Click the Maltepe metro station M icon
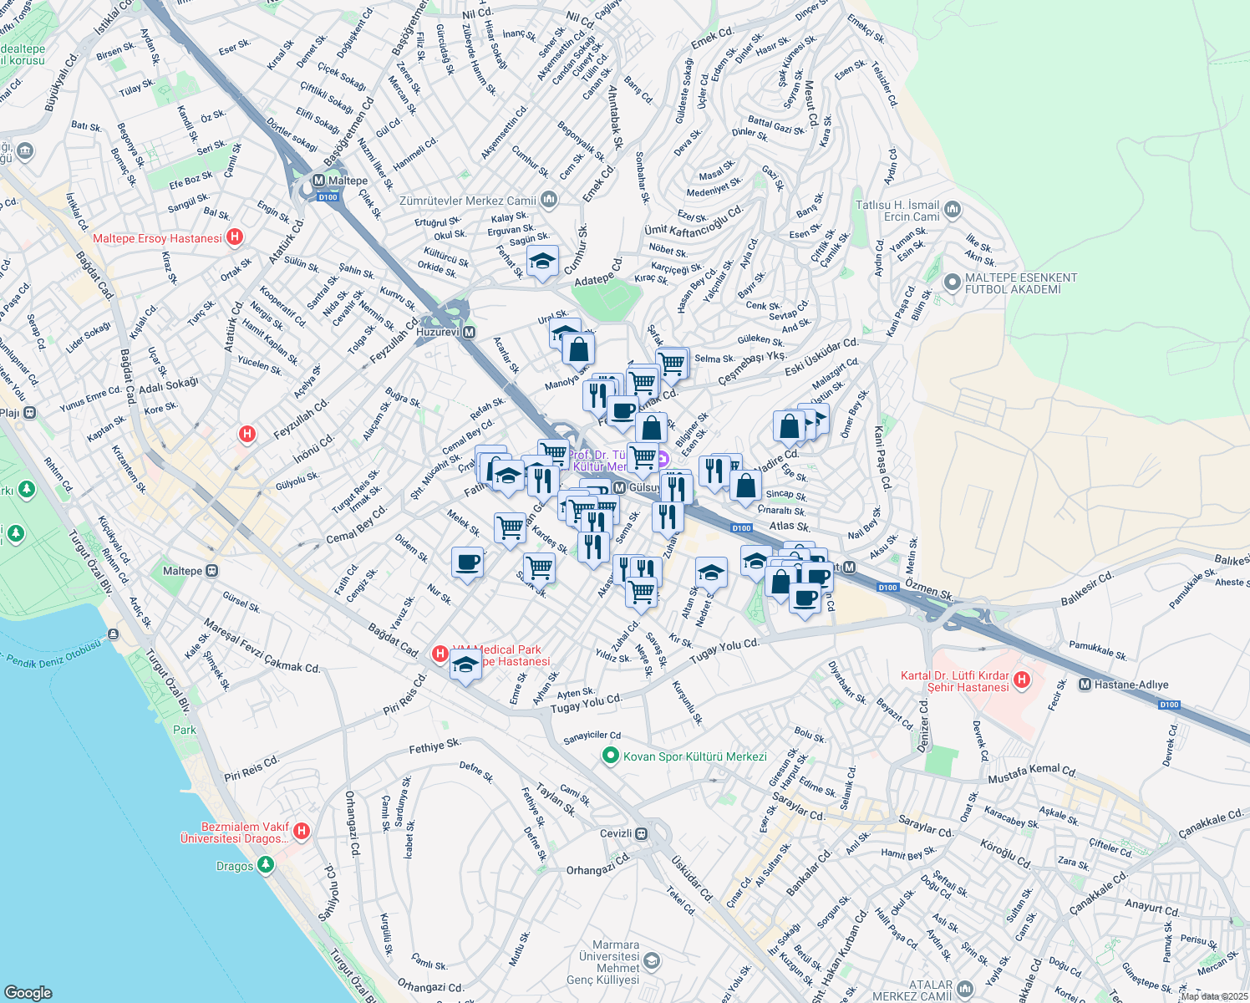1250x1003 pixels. click(x=318, y=181)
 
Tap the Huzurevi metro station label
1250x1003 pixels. click(x=437, y=332)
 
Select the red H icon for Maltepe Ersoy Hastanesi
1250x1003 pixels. click(x=235, y=237)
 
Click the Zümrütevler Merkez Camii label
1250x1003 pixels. click(x=468, y=201)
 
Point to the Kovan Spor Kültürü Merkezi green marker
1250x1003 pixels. click(x=611, y=756)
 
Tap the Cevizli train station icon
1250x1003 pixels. click(x=641, y=833)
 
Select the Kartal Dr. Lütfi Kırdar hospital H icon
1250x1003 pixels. click(x=1021, y=680)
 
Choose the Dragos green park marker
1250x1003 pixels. click(x=266, y=865)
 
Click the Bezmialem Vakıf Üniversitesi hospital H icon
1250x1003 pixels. click(x=302, y=832)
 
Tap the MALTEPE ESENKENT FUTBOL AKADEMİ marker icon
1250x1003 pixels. click(x=952, y=283)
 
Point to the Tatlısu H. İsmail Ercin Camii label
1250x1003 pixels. click(x=897, y=211)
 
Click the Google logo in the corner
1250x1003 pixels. click(x=28, y=992)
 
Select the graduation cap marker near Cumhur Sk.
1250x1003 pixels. click(x=542, y=262)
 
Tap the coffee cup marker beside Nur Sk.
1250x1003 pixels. click(x=467, y=562)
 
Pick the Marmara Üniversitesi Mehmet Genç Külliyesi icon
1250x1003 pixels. click(x=652, y=961)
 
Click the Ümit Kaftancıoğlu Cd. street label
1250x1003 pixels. click(x=694, y=221)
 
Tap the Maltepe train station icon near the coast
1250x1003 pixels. click(x=212, y=571)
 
